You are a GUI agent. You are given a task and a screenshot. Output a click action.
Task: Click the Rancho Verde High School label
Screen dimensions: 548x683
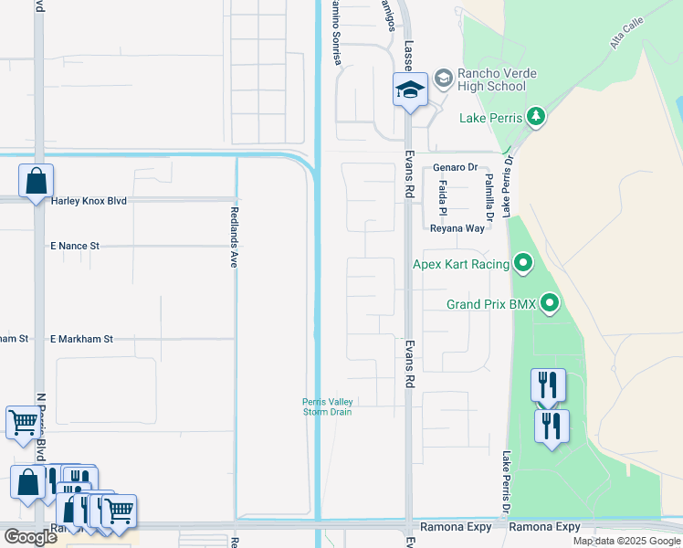click(x=493, y=79)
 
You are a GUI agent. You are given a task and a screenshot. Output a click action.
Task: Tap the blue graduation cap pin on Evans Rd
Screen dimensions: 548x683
click(x=410, y=90)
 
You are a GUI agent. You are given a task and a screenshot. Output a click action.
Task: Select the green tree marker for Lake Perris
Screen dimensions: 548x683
click(x=537, y=117)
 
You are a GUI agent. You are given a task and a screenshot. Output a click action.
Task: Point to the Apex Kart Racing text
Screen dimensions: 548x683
click(x=461, y=265)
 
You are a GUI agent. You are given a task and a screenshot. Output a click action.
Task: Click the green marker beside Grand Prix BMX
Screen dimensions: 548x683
click(x=550, y=303)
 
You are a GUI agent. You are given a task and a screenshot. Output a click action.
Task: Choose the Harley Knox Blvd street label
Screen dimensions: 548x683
click(x=89, y=200)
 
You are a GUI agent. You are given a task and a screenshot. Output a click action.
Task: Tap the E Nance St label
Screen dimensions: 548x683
click(x=74, y=246)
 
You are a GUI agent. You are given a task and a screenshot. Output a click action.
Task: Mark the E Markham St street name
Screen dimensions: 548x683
click(x=81, y=339)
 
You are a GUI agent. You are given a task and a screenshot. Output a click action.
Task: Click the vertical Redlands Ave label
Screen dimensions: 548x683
click(x=233, y=235)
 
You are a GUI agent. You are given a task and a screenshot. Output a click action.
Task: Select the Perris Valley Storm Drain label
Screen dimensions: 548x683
click(x=328, y=407)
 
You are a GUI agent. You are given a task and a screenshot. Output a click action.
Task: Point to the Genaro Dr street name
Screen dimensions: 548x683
click(x=456, y=168)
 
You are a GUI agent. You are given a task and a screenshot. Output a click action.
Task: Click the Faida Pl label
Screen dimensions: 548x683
click(x=443, y=197)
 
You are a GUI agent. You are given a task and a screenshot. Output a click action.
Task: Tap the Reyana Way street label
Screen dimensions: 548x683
click(x=457, y=228)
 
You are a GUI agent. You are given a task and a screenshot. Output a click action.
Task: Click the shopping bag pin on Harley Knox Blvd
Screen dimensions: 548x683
click(x=36, y=182)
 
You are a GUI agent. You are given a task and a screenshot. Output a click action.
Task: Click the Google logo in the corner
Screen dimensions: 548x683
click(x=30, y=537)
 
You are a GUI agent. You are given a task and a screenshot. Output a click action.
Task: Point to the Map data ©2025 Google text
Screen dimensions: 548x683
click(x=626, y=541)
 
